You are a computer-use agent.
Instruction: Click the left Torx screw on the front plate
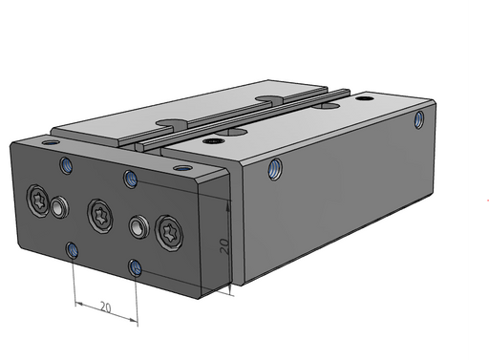(x=38, y=201)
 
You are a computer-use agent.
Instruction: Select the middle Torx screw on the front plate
(x=100, y=216)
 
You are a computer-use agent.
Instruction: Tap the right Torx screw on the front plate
(x=169, y=233)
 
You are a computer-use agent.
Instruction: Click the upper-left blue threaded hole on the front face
(x=66, y=165)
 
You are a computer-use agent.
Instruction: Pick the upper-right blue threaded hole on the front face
(x=131, y=180)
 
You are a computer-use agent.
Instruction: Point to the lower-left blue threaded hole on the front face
(x=72, y=250)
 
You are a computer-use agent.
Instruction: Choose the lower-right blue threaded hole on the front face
(x=135, y=267)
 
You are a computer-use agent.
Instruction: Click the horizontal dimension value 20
(x=105, y=307)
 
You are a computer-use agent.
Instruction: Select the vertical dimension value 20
(x=224, y=246)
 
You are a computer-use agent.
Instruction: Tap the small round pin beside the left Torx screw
(x=58, y=208)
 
